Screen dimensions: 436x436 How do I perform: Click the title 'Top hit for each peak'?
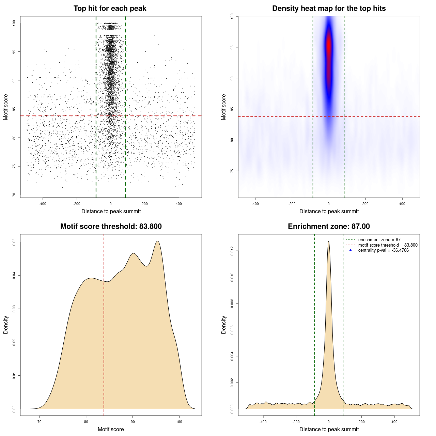click(110, 9)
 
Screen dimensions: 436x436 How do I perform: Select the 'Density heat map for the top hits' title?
click(329, 9)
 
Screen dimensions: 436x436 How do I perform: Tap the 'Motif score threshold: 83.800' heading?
click(111, 227)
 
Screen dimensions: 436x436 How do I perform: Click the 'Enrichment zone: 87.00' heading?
click(329, 227)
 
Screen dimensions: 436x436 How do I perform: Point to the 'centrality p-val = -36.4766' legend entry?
click(383, 250)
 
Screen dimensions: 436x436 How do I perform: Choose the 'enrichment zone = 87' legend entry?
click(379, 240)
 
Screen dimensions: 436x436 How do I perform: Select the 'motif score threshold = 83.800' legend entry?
click(388, 245)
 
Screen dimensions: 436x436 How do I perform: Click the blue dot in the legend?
click(351, 250)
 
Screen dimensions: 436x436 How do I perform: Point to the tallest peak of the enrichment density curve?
click(328, 242)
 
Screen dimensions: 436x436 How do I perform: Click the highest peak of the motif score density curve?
click(157, 242)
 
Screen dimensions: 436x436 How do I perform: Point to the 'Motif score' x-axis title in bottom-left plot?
click(111, 429)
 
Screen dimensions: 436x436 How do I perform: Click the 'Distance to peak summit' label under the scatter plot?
click(111, 211)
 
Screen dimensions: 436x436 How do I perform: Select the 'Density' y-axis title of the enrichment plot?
click(224, 325)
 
